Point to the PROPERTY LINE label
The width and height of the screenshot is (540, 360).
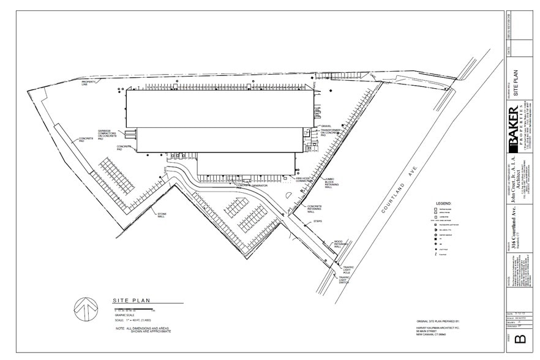[89, 83]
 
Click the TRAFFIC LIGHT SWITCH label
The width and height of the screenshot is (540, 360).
[347, 280]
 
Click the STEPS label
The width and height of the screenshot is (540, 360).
[318, 221]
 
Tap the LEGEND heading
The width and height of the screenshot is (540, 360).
[443, 202]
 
